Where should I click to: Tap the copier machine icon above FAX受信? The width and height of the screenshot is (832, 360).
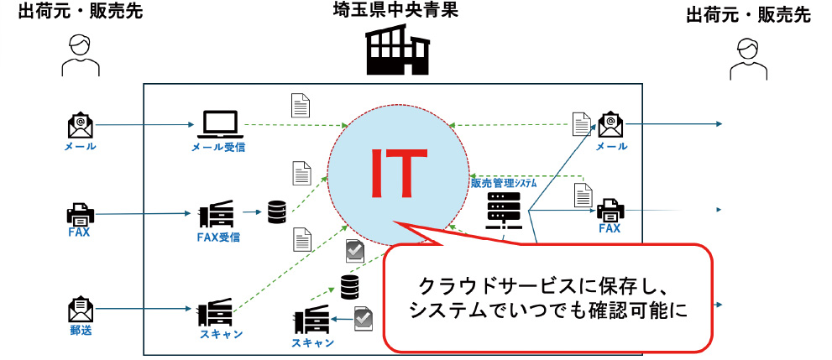(214, 215)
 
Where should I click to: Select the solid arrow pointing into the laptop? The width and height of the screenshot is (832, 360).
(143, 126)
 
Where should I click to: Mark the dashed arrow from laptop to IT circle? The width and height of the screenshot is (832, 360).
(294, 127)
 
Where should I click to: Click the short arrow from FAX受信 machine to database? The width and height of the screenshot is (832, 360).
(249, 213)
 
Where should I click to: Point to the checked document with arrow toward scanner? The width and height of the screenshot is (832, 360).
(364, 319)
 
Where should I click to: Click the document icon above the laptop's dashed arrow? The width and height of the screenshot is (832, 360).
(300, 104)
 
